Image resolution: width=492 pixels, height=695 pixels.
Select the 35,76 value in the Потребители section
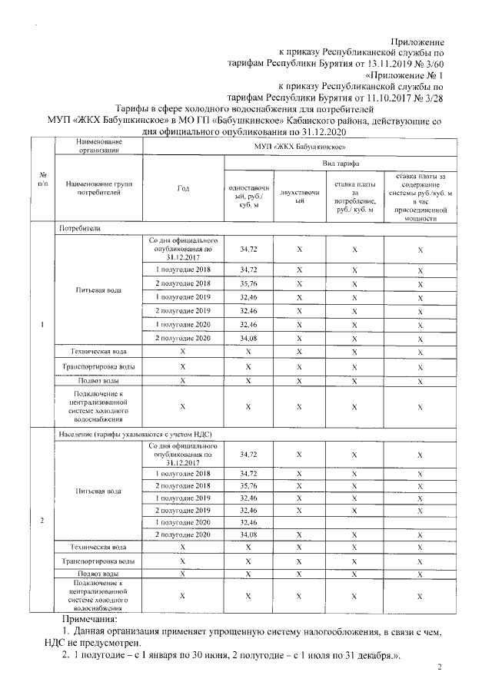tap(248, 283)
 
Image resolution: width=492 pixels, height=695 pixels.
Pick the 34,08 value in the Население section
tap(248, 534)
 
